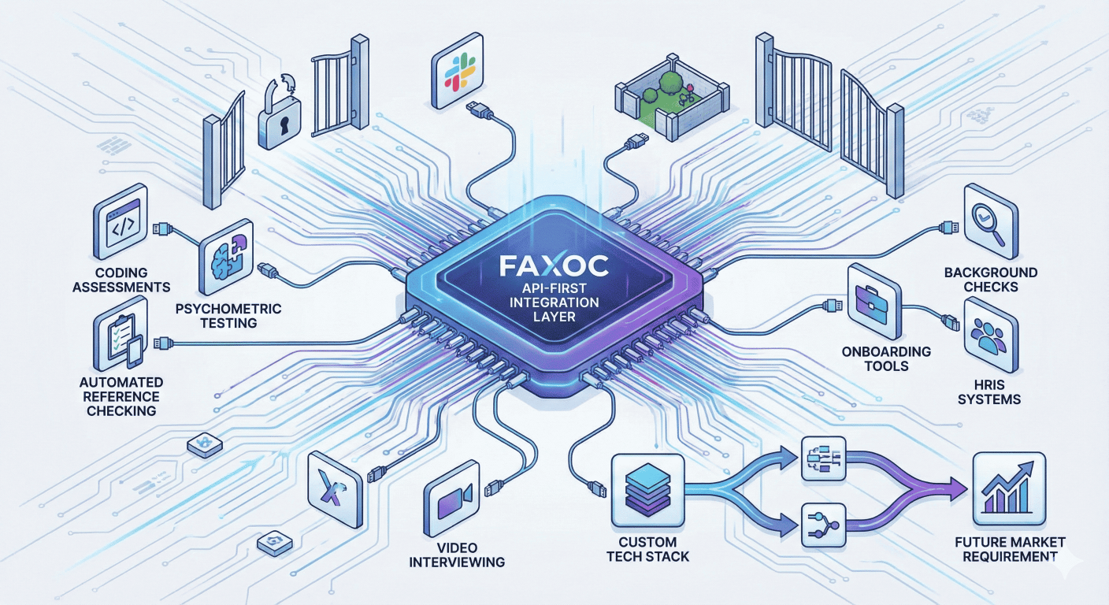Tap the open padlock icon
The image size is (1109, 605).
(279, 120)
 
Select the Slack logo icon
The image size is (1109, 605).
(456, 72)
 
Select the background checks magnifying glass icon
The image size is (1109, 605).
(989, 218)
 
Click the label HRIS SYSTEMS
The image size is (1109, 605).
(988, 392)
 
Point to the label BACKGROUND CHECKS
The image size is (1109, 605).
(991, 280)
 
